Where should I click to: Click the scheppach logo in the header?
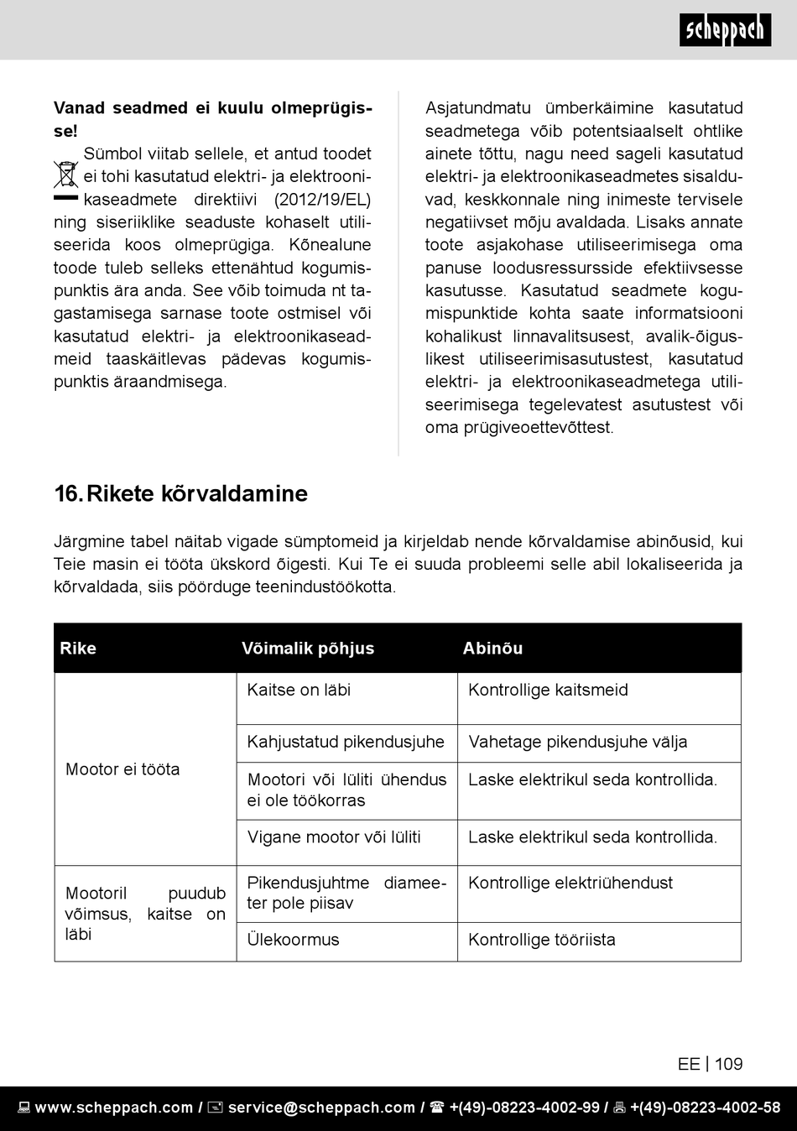tap(725, 30)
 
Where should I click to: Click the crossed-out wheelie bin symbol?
tap(65, 175)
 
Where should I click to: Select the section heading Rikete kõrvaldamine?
tap(180, 493)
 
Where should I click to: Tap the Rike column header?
tap(78, 648)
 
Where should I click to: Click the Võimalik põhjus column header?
tap(308, 648)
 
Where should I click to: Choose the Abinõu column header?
tap(492, 648)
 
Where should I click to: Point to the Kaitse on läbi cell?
tap(299, 690)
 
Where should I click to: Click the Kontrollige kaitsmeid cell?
tap(548, 690)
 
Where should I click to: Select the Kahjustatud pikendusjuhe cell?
tap(346, 742)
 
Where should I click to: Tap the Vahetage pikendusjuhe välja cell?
tap(578, 742)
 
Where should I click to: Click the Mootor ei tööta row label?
tap(122, 769)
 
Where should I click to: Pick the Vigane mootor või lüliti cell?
tap(334, 837)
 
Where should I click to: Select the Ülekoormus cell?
tap(293, 940)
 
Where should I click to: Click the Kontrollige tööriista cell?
tap(542, 940)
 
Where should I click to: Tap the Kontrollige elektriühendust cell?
tap(570, 883)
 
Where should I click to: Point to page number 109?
tap(728, 1064)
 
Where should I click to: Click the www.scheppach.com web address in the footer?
tap(114, 1108)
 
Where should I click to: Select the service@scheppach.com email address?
tap(321, 1108)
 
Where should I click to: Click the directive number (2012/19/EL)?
tap(322, 200)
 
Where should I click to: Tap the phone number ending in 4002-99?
tap(524, 1108)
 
